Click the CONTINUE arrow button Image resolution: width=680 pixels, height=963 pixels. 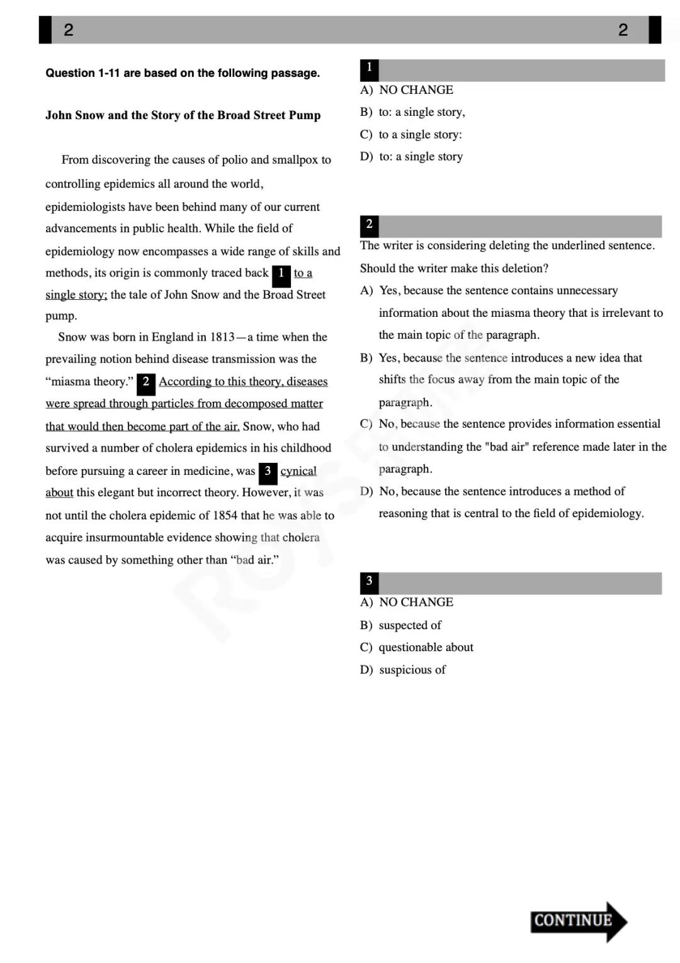pos(577,921)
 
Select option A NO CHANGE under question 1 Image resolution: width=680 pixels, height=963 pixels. pos(416,90)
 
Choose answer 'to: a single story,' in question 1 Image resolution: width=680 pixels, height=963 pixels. pos(421,112)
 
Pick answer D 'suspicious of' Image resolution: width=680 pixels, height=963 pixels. pos(412,670)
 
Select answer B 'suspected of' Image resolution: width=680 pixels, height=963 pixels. pos(409,625)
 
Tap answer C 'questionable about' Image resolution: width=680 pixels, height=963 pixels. pos(426,647)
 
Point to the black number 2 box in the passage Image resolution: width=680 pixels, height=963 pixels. pos(145,382)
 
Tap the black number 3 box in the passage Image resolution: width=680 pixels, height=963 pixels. pos(268,472)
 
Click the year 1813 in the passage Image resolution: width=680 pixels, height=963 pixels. pos(222,337)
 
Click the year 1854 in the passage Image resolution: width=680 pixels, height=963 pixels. pos(225,516)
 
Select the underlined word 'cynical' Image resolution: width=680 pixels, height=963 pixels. pos(298,471)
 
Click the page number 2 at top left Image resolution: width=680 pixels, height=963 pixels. pos(69,30)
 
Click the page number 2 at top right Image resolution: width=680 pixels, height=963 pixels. pos(623,30)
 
